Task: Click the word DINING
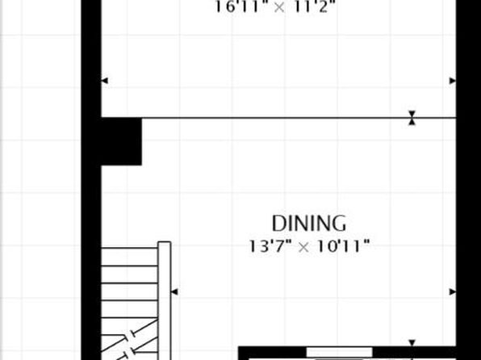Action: (309, 223)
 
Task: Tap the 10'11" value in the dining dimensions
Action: (343, 246)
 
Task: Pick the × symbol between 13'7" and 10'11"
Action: (303, 247)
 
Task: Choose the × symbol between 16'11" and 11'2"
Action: (279, 8)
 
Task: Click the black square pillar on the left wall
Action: (122, 141)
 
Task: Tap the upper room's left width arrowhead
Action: (105, 81)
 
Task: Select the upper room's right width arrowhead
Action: (453, 81)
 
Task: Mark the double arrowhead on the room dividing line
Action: (412, 118)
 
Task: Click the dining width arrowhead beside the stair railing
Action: (174, 291)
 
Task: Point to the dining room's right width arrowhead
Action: (453, 292)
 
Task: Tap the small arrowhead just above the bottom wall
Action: (412, 343)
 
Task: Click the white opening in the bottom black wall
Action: (339, 352)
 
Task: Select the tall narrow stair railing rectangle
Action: (165, 301)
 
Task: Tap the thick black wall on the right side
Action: (468, 180)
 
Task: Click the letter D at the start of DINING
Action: (278, 224)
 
